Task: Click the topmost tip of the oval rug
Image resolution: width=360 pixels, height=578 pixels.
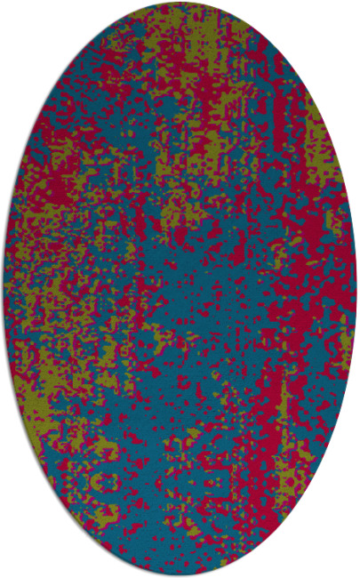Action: [x=180, y=3]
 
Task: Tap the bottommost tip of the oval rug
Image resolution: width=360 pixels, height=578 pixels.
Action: [x=180, y=575]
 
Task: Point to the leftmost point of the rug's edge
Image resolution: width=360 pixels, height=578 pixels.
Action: [x=4, y=289]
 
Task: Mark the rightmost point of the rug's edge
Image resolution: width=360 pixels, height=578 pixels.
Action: [x=356, y=289]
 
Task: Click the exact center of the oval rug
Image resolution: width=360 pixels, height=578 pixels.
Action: [x=180, y=289]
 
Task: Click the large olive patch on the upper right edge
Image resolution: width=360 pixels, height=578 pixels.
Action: [x=320, y=142]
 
